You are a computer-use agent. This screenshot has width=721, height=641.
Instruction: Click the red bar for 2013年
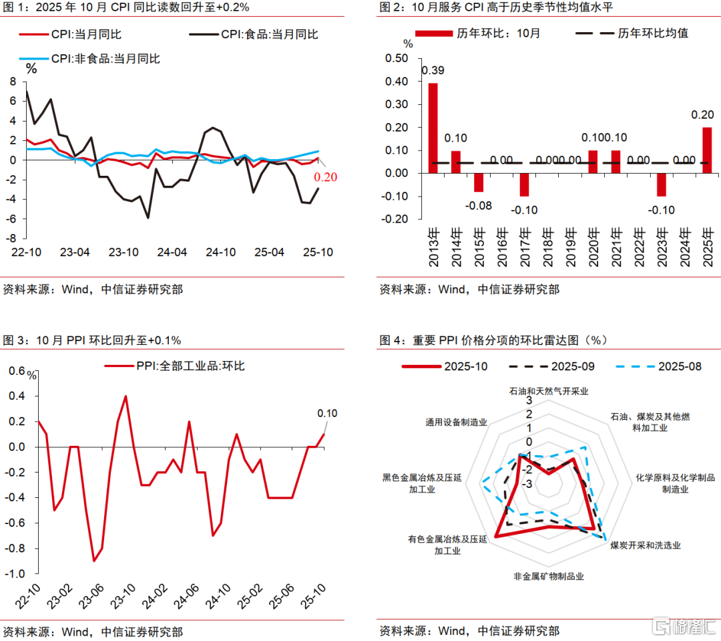click(433, 128)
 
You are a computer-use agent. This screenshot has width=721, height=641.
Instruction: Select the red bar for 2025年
click(707, 150)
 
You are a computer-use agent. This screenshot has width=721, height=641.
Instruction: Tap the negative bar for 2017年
click(524, 184)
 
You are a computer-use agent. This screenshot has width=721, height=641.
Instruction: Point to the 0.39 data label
click(433, 70)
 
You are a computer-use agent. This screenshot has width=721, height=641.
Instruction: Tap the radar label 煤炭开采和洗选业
click(645, 545)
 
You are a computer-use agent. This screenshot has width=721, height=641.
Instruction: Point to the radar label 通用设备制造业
click(456, 422)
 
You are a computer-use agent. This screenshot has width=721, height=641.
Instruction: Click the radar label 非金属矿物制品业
click(549, 576)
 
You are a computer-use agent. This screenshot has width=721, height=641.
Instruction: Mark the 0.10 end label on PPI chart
click(328, 413)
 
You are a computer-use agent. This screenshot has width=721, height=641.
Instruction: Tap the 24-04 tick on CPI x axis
click(172, 253)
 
